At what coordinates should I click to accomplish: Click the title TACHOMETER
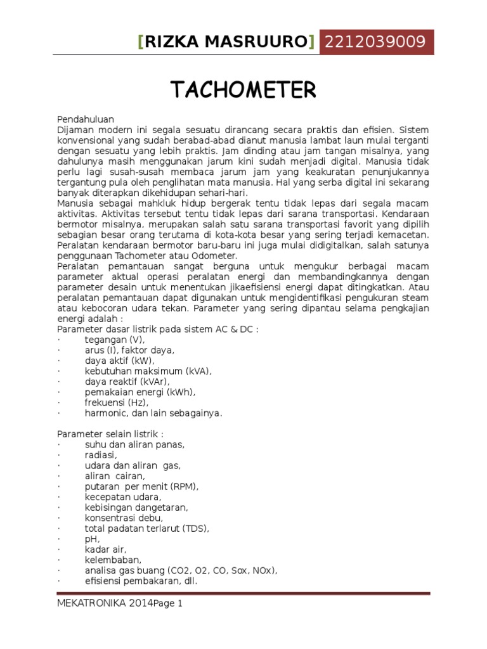click(243, 91)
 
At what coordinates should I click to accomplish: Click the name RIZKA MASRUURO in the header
click(226, 42)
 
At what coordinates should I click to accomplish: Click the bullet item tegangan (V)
click(119, 340)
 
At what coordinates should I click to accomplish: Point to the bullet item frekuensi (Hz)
click(116, 402)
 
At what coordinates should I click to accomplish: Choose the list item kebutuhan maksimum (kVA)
click(148, 371)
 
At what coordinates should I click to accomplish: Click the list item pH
click(93, 539)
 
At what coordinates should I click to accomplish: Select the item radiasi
click(101, 455)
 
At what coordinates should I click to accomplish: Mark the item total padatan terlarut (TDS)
click(147, 528)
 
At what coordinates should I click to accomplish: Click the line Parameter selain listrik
click(110, 434)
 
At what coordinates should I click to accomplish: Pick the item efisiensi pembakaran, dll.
click(141, 581)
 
